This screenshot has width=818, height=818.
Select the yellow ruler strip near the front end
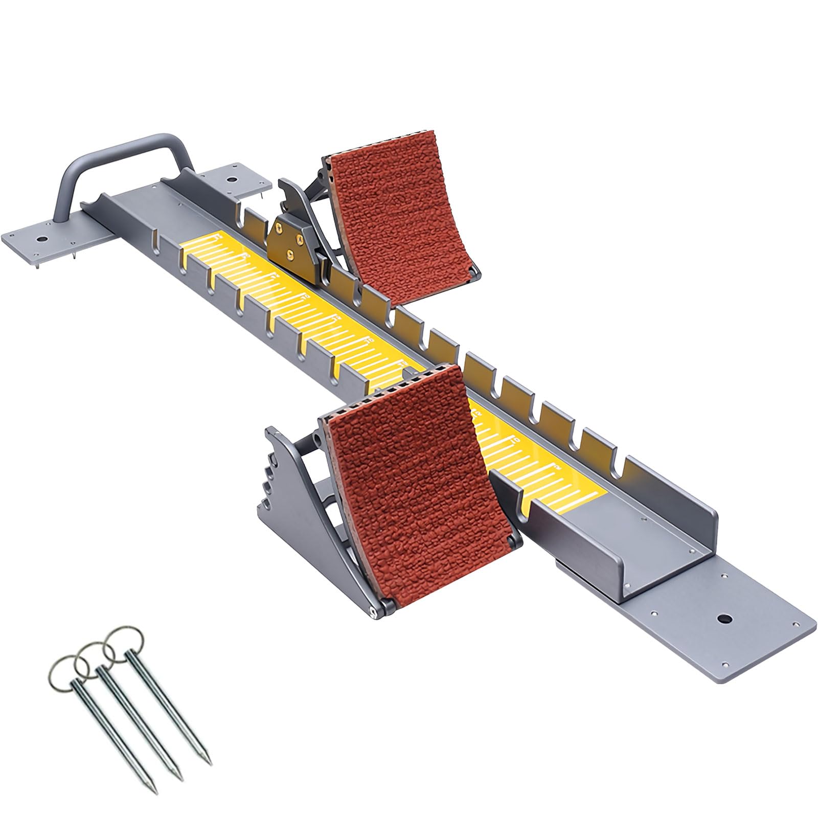point(552,465)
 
